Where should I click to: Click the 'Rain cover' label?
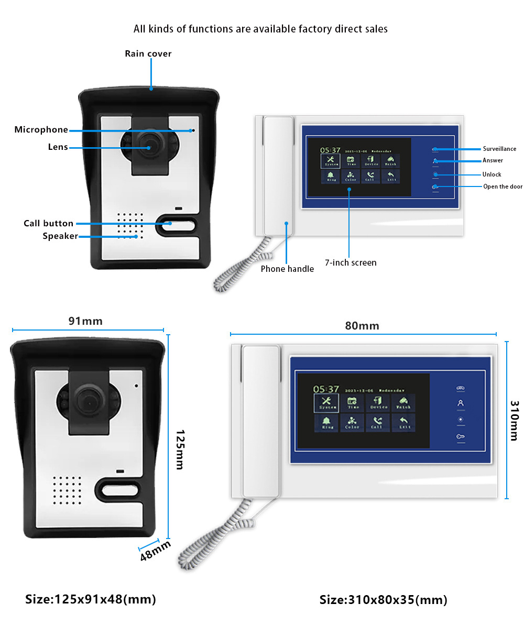tap(148, 53)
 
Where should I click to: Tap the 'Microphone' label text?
tap(41, 130)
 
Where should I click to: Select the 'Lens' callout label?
tap(58, 147)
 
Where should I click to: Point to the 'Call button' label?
tap(49, 224)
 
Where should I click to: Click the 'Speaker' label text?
tap(60, 236)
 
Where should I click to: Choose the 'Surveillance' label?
tap(499, 149)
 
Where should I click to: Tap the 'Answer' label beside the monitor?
tap(493, 160)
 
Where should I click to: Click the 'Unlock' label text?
tap(492, 174)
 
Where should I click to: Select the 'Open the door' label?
tap(503, 186)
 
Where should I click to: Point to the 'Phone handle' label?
tap(287, 269)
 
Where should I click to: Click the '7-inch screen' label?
tap(351, 262)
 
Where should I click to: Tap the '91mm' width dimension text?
tap(85, 321)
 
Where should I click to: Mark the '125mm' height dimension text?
tap(179, 449)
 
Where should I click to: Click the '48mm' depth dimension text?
tap(156, 551)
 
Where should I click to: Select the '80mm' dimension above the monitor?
tap(362, 325)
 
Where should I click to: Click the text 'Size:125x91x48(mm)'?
tap(91, 599)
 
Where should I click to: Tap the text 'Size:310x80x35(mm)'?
tap(384, 600)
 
